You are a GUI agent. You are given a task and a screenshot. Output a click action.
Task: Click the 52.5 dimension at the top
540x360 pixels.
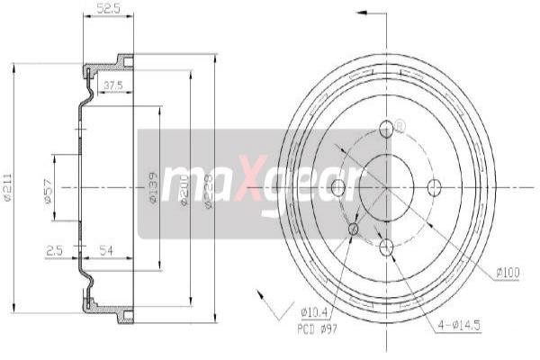point(108,10)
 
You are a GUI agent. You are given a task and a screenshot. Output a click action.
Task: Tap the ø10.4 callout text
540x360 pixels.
point(313,313)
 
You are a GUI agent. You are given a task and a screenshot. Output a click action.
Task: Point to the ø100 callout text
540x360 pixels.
point(508,271)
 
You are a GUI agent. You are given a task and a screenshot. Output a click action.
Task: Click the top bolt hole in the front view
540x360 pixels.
point(386,129)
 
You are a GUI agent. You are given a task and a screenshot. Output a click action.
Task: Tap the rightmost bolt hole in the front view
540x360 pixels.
point(435,187)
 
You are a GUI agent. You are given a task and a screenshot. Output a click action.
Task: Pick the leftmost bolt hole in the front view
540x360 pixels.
point(338,187)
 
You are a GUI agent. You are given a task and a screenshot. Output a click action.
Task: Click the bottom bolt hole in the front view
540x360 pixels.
point(386,246)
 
